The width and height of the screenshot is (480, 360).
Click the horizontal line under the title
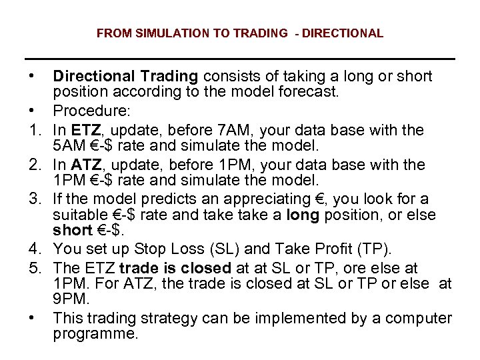click(239, 60)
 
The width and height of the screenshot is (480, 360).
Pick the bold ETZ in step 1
click(85, 128)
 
